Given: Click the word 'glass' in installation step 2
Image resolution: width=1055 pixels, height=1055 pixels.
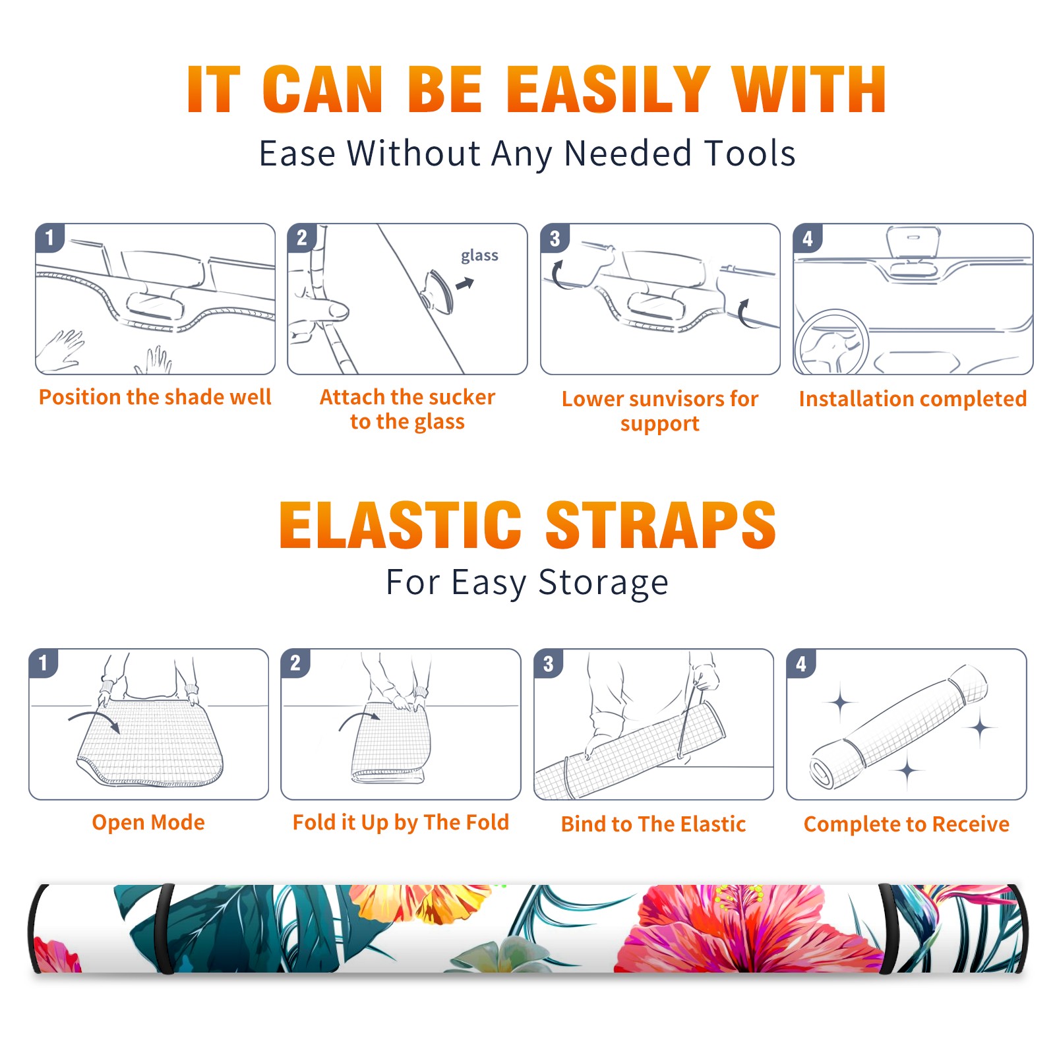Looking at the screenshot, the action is click(x=479, y=256).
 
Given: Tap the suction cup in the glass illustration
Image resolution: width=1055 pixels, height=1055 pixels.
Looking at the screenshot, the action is click(x=438, y=291).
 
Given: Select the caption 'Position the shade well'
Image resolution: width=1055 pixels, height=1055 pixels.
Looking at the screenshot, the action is click(x=155, y=397).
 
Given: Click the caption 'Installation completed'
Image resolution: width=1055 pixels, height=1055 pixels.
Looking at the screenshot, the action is click(x=913, y=398).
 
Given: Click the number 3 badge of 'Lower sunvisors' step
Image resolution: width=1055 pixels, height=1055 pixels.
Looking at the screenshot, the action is click(x=555, y=238).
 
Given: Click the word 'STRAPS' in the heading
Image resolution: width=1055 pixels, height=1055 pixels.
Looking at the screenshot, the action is click(x=661, y=525).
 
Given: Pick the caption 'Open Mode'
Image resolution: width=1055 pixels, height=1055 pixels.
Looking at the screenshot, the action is click(x=148, y=822).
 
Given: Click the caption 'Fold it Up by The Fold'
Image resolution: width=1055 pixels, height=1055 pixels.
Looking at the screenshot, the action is click(x=401, y=822).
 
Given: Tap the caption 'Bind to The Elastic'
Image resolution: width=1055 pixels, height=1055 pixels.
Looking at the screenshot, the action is click(x=653, y=824).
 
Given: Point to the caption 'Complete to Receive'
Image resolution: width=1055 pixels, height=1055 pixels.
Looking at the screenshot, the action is click(x=907, y=824).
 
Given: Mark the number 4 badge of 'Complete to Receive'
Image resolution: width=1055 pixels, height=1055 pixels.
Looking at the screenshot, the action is click(x=801, y=663).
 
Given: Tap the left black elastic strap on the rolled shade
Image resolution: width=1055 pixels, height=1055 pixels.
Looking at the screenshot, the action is click(x=164, y=928).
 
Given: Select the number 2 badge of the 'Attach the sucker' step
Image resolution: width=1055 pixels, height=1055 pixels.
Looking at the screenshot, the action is click(x=302, y=238).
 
